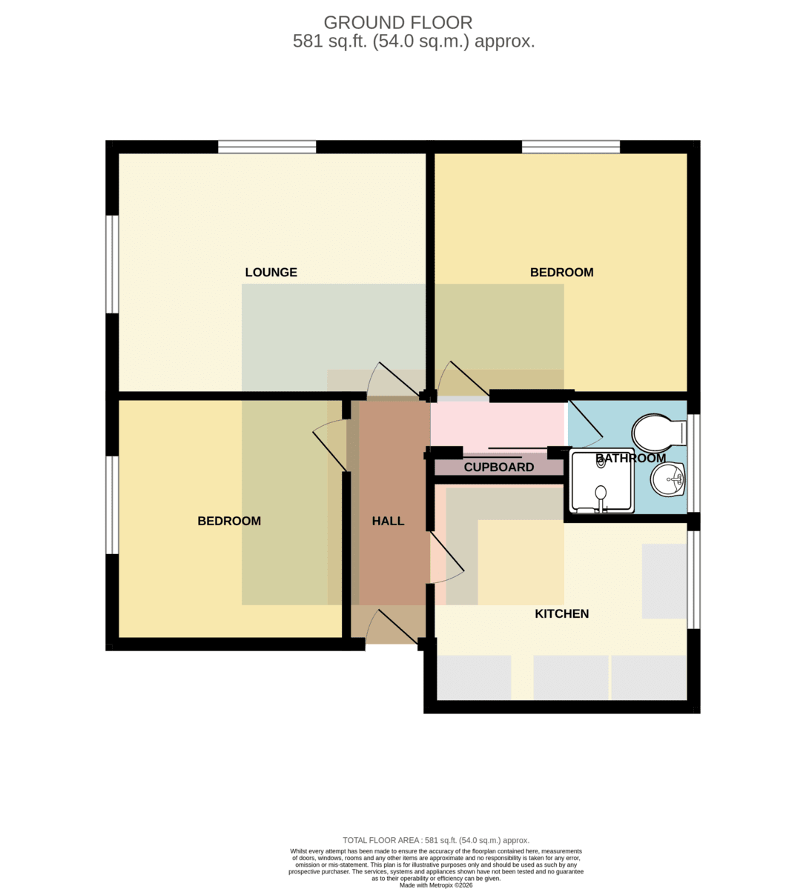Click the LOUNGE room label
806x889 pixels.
271,272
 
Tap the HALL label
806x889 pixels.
388,521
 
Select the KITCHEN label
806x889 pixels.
561,614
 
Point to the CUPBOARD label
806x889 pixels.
498,467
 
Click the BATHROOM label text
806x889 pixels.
630,459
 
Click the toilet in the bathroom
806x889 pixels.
659,433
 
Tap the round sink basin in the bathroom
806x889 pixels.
668,479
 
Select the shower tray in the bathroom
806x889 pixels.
602,482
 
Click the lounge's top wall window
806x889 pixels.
267,147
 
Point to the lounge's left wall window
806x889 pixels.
112,264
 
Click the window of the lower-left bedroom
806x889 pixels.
112,505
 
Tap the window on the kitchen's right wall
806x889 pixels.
693,579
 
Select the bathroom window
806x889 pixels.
693,463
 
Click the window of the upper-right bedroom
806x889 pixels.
570,147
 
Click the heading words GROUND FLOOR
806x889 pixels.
398,23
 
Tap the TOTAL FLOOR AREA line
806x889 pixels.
436,840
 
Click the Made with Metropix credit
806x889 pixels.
436,885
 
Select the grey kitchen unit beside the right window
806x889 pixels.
664,581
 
